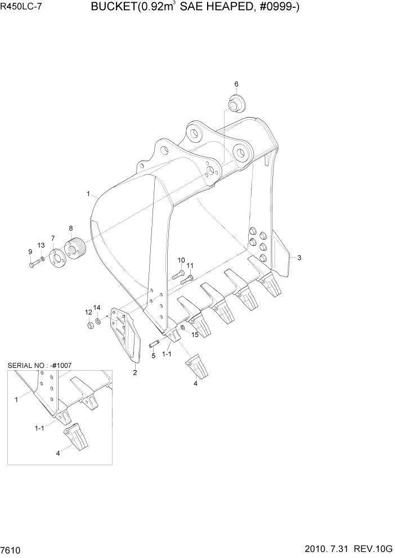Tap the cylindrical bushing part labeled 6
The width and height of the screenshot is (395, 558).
(x=237, y=105)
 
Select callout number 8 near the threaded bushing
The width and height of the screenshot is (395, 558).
(x=71, y=228)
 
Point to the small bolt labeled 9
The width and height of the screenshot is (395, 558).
(x=33, y=263)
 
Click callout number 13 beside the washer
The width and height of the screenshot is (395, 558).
(x=41, y=245)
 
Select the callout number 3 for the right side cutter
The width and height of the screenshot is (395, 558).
(x=299, y=258)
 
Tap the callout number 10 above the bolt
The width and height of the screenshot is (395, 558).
(x=181, y=260)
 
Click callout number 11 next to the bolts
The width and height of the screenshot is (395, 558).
(x=190, y=265)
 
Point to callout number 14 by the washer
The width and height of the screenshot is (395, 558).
(x=97, y=308)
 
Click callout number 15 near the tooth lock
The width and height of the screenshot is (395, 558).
(x=195, y=335)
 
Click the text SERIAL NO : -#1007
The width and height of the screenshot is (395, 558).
(x=39, y=366)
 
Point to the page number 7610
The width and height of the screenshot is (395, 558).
(x=11, y=548)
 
